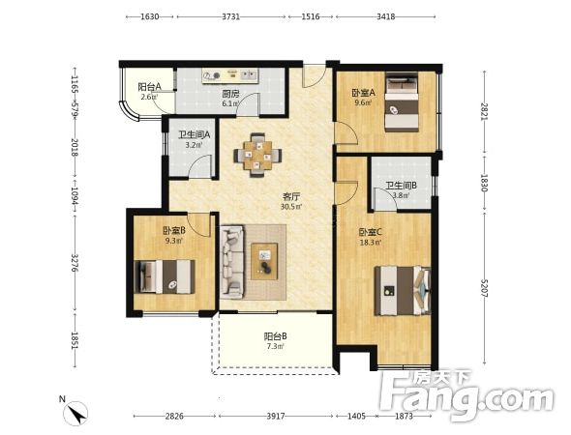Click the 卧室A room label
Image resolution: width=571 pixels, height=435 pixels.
363,93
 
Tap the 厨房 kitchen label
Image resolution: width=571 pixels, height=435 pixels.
231,94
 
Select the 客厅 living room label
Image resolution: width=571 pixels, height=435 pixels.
291,197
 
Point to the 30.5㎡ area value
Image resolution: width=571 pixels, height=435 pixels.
291,207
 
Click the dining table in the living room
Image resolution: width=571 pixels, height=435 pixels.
257,155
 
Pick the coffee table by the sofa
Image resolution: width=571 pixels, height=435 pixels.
264,261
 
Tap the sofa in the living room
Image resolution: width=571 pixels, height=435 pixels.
231,262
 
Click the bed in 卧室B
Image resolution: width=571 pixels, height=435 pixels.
165,276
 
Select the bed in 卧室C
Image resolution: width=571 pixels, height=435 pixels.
403,291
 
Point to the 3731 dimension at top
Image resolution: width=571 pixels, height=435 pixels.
231,16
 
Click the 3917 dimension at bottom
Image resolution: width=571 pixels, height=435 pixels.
275,416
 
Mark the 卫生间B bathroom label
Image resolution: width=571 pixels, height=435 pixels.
402,186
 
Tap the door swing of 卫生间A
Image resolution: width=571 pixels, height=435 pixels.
201,166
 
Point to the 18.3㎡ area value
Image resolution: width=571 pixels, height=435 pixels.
371,242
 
